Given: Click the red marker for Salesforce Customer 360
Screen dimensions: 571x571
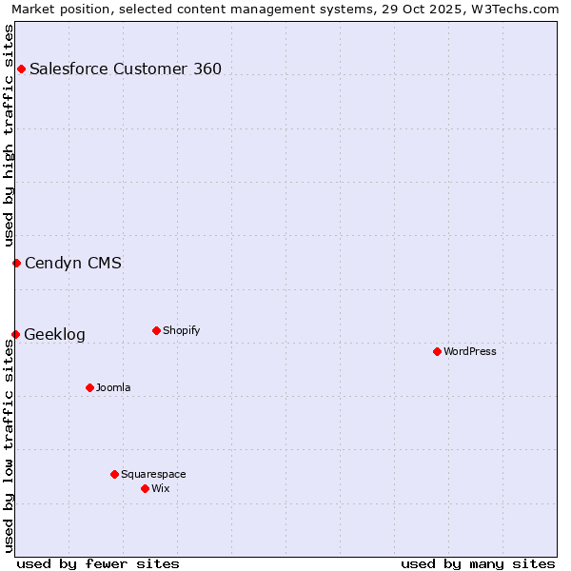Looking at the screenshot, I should tap(21, 69).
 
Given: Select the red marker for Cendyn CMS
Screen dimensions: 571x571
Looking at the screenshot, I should tap(16, 263).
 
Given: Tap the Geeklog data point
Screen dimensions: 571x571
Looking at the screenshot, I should tap(15, 334).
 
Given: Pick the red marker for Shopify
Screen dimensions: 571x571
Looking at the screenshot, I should tap(156, 330).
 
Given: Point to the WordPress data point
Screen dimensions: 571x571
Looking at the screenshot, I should tap(437, 351).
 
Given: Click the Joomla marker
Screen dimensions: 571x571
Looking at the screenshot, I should tap(89, 387).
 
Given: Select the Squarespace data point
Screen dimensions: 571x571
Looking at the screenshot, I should tap(114, 474).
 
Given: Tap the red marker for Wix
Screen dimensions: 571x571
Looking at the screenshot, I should tap(145, 488).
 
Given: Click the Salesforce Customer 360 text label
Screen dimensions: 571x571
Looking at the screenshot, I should tap(126, 69).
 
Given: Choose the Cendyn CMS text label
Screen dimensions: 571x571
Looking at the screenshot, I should tap(73, 263).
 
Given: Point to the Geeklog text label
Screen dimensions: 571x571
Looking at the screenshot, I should tap(54, 334).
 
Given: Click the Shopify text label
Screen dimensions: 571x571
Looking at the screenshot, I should tap(181, 330).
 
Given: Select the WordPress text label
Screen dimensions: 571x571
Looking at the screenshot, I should tap(470, 351).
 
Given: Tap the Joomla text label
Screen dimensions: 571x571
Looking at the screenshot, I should tap(113, 387).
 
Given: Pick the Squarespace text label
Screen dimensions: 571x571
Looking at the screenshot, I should tap(153, 474).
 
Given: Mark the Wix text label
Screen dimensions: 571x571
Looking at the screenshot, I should tap(160, 488).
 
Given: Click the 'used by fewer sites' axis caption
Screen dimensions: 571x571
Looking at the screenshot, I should tap(98, 563).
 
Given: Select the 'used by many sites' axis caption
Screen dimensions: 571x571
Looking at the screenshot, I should tap(478, 563).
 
